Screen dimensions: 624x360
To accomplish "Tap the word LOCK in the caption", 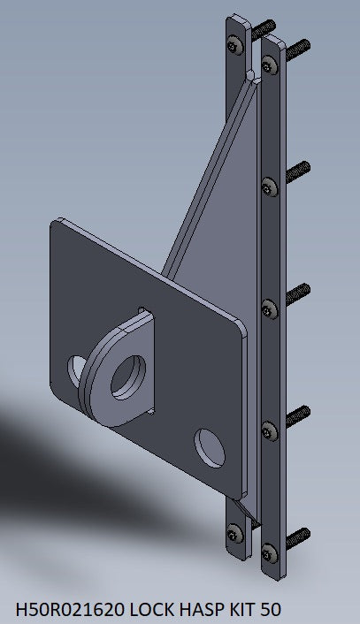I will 157,610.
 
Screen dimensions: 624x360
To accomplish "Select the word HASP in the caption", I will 205,610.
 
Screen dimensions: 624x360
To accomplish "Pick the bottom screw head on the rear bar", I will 234,533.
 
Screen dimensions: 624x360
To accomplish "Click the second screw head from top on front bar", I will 271,186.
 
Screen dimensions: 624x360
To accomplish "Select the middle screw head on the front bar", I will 270,308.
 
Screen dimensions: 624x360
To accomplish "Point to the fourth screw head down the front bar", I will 270,430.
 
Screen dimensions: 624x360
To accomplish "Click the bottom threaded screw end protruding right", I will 299,536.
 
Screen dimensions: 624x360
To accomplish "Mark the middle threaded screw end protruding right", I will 297,290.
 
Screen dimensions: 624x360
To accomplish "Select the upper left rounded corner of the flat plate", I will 58,227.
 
